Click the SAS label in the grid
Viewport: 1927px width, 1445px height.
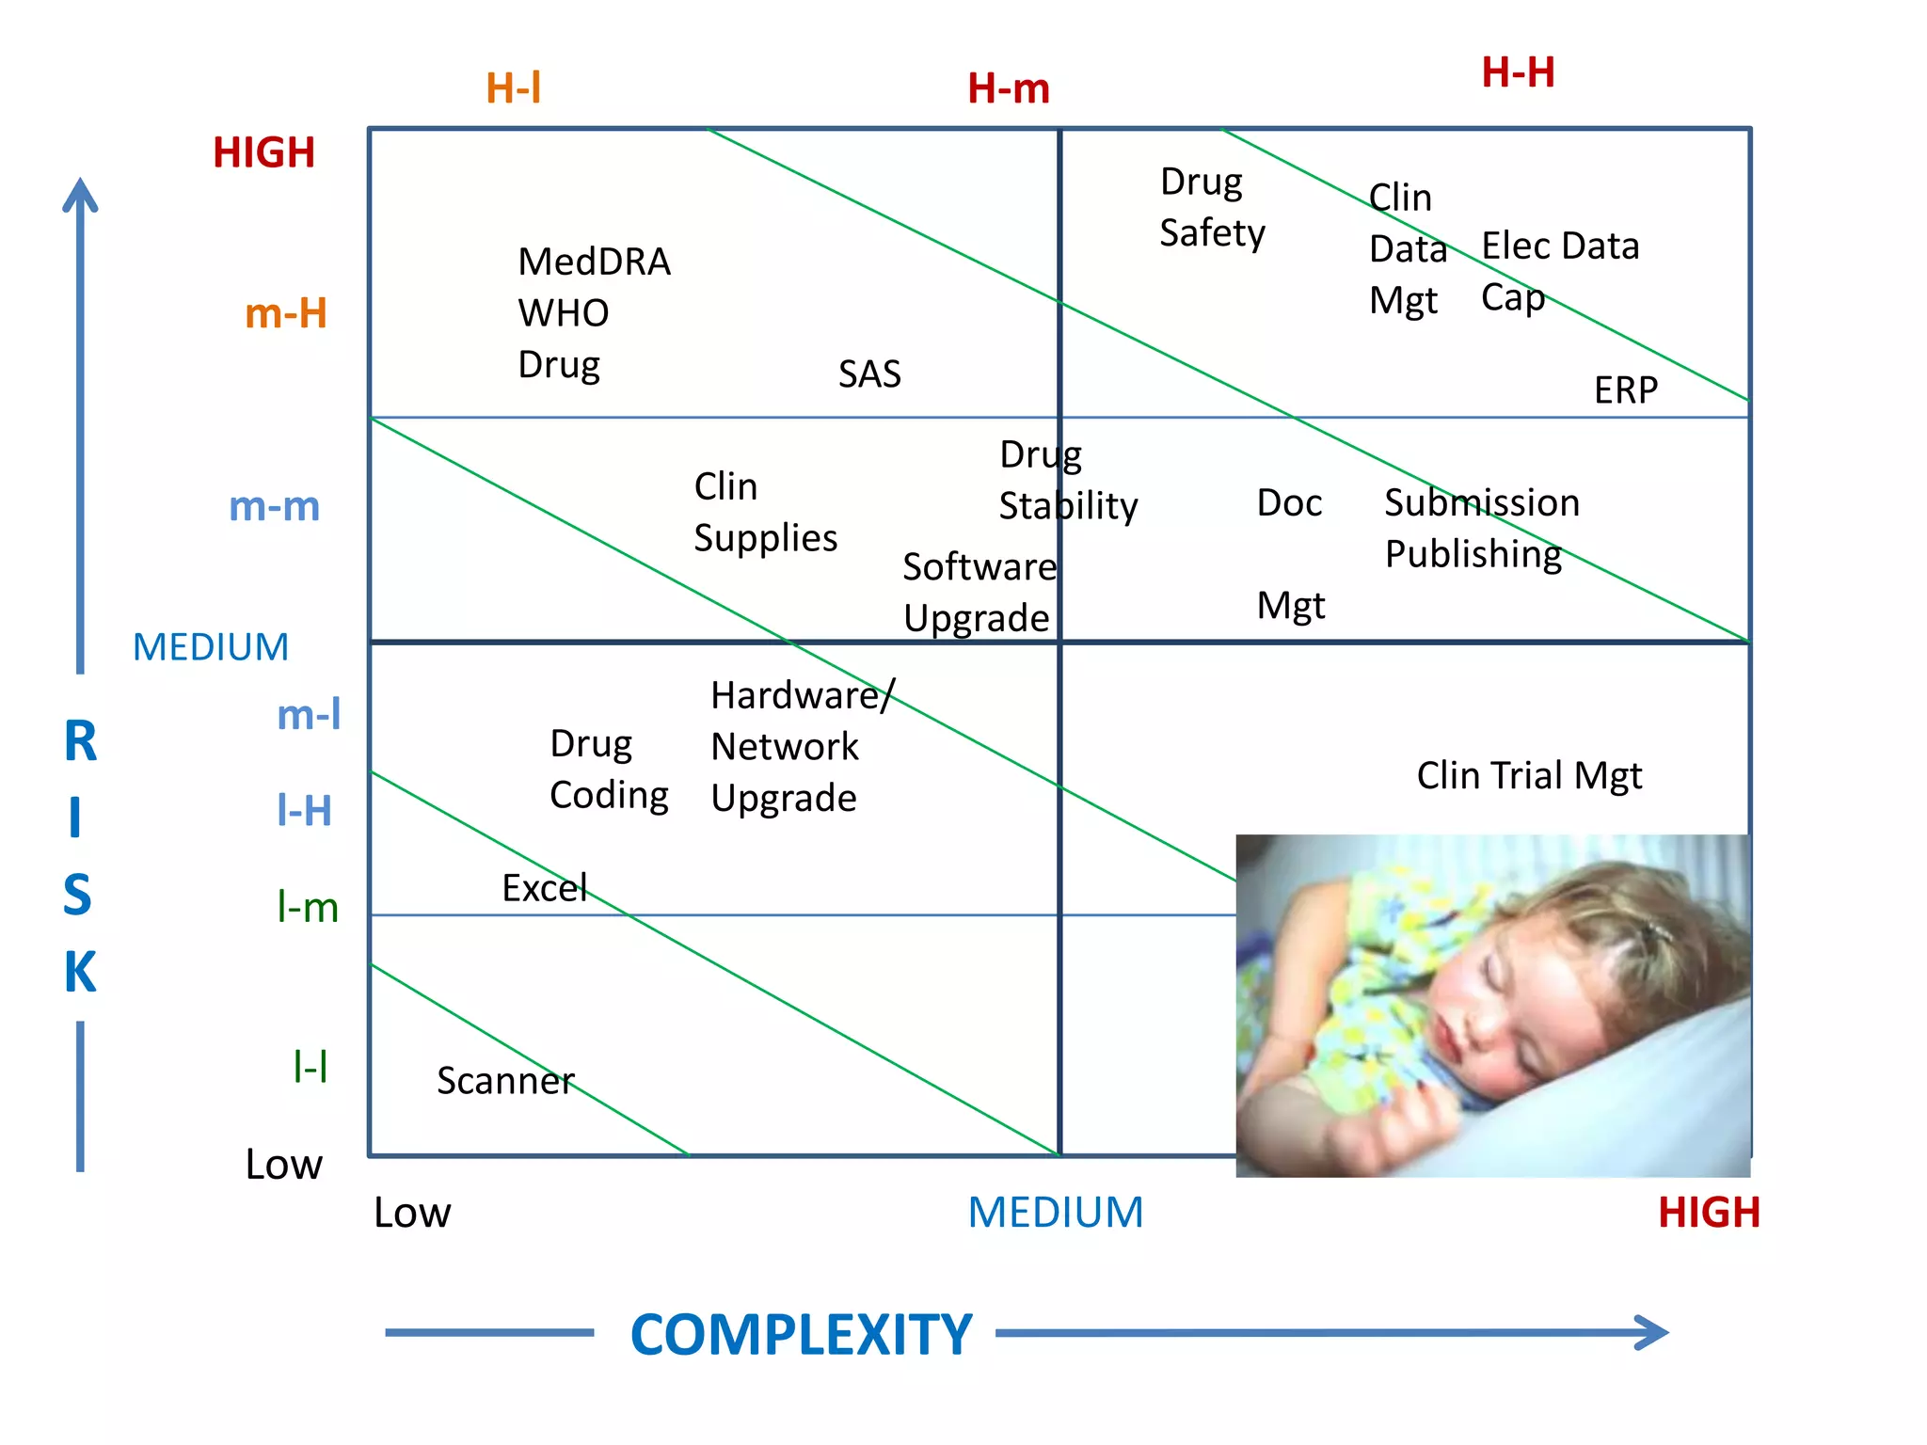[x=869, y=374]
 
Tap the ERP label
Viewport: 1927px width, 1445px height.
[x=1625, y=390]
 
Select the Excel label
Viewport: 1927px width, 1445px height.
[x=544, y=888]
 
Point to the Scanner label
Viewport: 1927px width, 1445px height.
[x=505, y=1081]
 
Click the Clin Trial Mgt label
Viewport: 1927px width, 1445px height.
[x=1529, y=776]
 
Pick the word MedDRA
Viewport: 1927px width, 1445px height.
[x=594, y=262]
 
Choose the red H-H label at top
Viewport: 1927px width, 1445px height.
[x=1518, y=72]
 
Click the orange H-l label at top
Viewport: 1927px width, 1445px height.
[x=513, y=88]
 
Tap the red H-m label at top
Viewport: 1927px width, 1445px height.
[x=1008, y=88]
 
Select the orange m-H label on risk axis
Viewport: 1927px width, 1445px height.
[x=285, y=313]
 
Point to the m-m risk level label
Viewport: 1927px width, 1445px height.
[x=274, y=506]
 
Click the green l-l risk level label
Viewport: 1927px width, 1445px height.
[x=310, y=1067]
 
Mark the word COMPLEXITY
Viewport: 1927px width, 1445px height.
[x=801, y=1334]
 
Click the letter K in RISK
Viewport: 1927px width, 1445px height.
[x=80, y=972]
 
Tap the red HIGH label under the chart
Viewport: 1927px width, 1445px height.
[x=1708, y=1213]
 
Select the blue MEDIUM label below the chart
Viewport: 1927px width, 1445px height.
[x=1055, y=1213]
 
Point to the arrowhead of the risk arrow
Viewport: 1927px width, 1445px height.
[x=80, y=193]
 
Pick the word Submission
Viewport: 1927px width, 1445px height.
[x=1481, y=502]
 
